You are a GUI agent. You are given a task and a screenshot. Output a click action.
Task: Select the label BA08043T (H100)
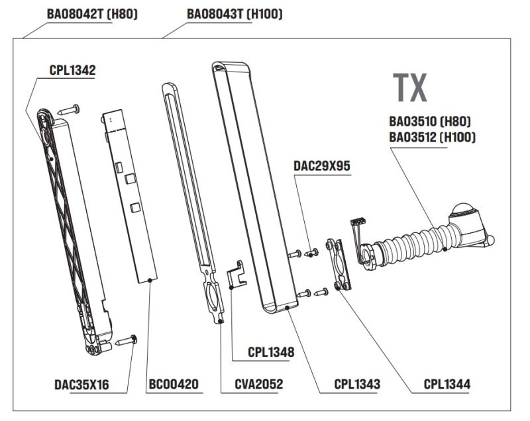coord(235,13)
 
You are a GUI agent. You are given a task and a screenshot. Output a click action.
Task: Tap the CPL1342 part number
coord(72,70)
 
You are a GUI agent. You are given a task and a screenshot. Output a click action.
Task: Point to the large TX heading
coord(410,87)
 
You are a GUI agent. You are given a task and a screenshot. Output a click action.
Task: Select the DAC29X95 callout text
coord(322,166)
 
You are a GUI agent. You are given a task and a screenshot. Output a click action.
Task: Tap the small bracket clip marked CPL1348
coord(235,274)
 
